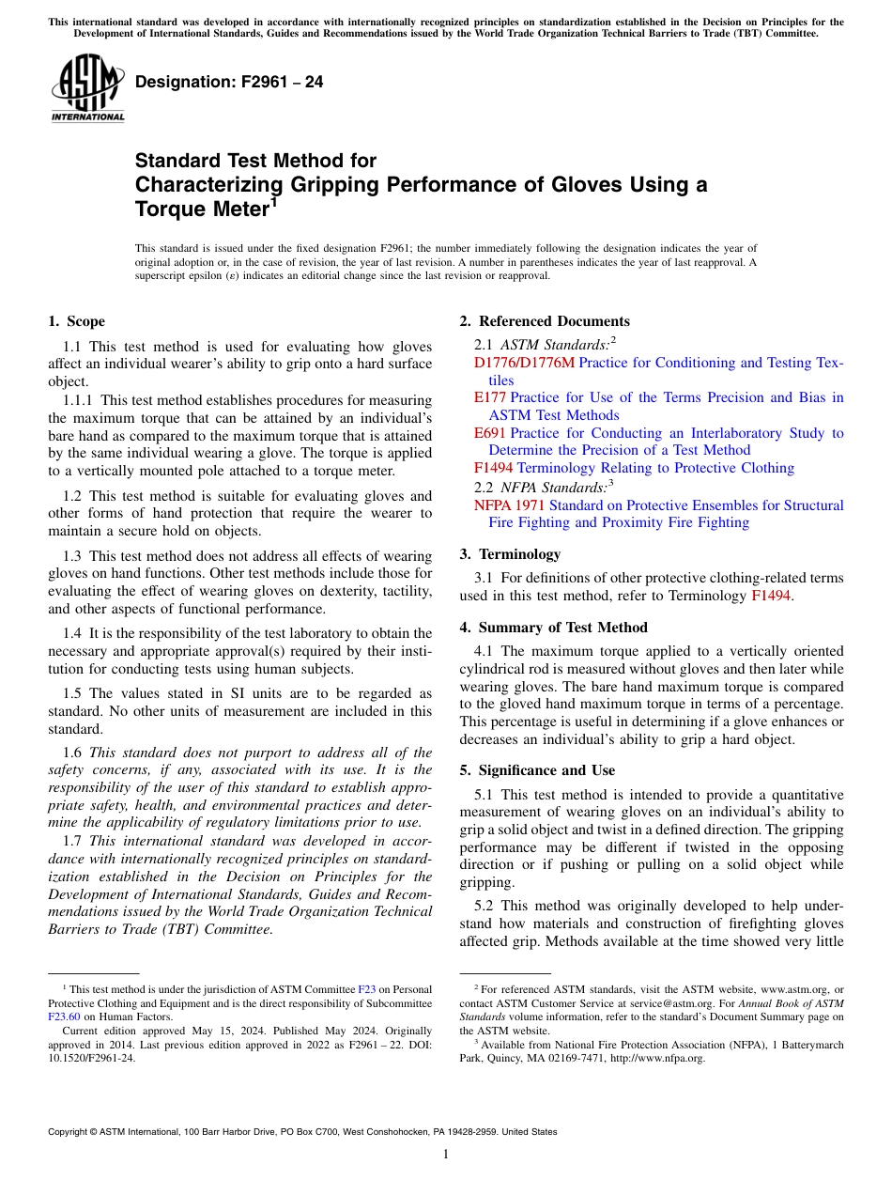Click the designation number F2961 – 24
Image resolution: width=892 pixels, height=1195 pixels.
point(229,82)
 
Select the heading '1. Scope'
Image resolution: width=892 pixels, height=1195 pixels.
point(77,321)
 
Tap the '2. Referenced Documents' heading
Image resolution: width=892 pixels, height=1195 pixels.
point(545,321)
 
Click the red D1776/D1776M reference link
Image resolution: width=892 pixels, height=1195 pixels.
point(524,363)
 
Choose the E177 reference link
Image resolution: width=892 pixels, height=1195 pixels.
point(490,397)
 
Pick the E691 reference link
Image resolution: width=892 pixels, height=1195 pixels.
point(490,433)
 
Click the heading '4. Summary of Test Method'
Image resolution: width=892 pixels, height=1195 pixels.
point(553,628)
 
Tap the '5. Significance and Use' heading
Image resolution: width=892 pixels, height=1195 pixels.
point(537,770)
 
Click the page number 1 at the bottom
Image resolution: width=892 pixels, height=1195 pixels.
point(446,1154)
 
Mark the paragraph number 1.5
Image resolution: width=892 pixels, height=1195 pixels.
point(73,693)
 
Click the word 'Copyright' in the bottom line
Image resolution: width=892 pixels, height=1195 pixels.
point(71,1132)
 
